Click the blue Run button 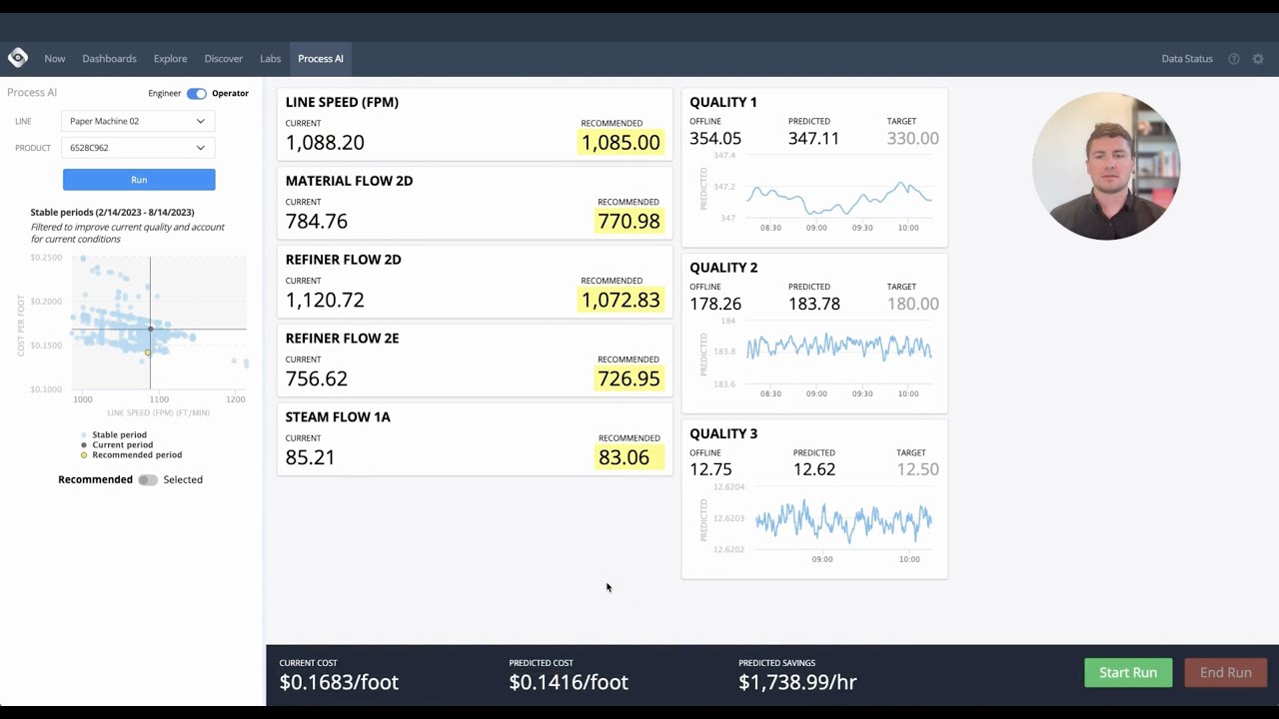pyautogui.click(x=139, y=180)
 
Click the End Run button pyautogui.click(x=1225, y=673)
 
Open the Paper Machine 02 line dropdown pyautogui.click(x=138, y=121)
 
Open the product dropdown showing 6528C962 pyautogui.click(x=138, y=148)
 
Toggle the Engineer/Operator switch pyautogui.click(x=196, y=94)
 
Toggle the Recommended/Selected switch pyautogui.click(x=148, y=480)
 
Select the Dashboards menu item pyautogui.click(x=109, y=59)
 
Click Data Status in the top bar pyautogui.click(x=1186, y=59)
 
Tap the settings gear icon pyautogui.click(x=1258, y=59)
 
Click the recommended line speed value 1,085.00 pyautogui.click(x=621, y=143)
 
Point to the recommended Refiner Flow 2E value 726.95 pyautogui.click(x=629, y=379)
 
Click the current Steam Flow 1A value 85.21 pyautogui.click(x=310, y=457)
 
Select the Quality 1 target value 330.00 pyautogui.click(x=912, y=139)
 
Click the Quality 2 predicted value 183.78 pyautogui.click(x=813, y=305)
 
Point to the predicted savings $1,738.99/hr pyautogui.click(x=796, y=682)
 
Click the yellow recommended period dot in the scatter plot pyautogui.click(x=148, y=353)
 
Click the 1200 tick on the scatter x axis pyautogui.click(x=235, y=399)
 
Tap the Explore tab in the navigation pyautogui.click(x=170, y=59)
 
